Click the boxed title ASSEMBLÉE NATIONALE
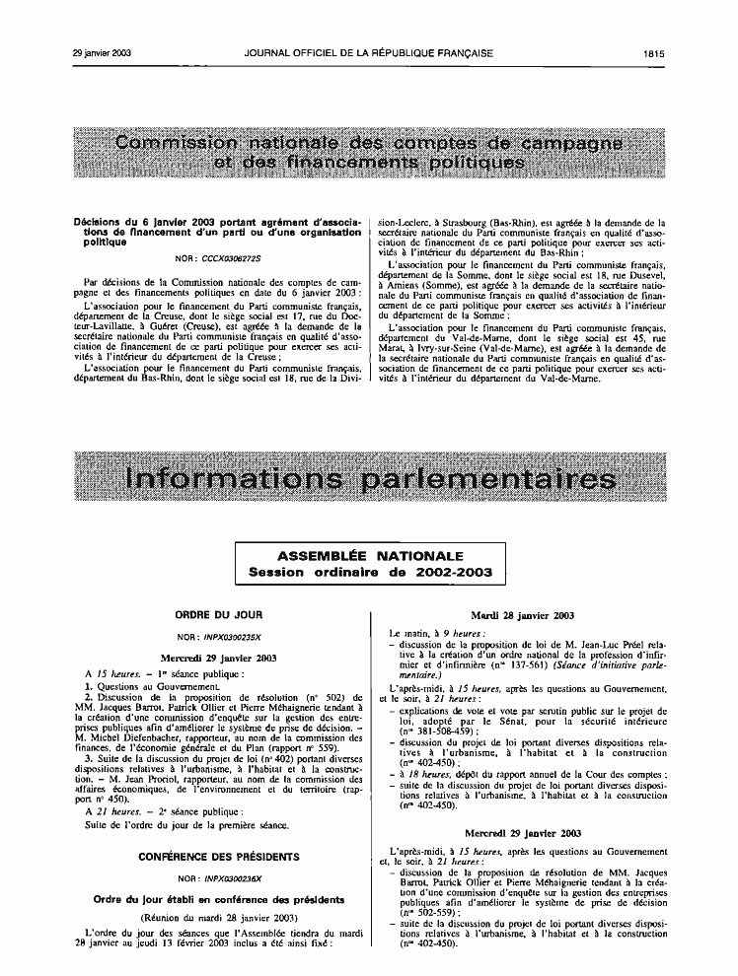(x=369, y=557)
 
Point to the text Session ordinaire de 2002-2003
(x=369, y=572)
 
